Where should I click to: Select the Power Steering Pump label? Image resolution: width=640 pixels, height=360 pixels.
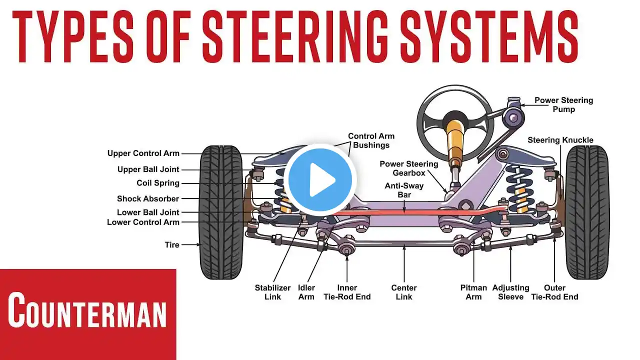pyautogui.click(x=563, y=104)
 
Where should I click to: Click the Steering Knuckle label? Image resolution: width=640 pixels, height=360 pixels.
pyautogui.click(x=560, y=140)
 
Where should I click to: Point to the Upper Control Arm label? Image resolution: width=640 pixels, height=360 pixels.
pyautogui.click(x=143, y=153)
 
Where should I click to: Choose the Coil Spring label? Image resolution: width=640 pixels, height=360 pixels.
pyautogui.click(x=157, y=183)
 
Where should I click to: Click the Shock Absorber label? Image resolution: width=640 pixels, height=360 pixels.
pyautogui.click(x=147, y=198)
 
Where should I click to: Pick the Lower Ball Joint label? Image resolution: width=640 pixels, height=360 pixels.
pyautogui.click(x=147, y=212)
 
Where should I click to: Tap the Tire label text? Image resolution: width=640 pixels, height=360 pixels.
pyautogui.click(x=171, y=245)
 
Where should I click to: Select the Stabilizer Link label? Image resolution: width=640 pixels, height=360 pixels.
pyautogui.click(x=272, y=292)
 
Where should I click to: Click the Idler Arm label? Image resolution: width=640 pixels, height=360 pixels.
pyautogui.click(x=306, y=292)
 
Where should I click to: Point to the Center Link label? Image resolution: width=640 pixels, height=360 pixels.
pyautogui.click(x=404, y=292)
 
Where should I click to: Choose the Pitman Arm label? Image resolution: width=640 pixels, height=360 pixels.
pyautogui.click(x=473, y=292)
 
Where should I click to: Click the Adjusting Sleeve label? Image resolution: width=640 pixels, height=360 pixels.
pyautogui.click(x=510, y=292)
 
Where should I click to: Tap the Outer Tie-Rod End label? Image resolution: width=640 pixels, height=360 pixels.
pyautogui.click(x=554, y=292)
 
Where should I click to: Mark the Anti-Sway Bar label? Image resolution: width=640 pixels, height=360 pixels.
pyautogui.click(x=404, y=189)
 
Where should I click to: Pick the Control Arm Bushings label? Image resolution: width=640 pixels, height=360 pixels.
pyautogui.click(x=371, y=140)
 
